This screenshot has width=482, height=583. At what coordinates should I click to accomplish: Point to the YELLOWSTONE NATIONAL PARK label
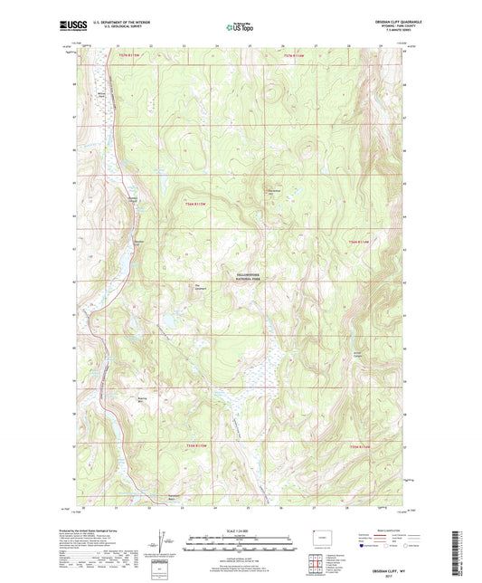click(241, 279)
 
